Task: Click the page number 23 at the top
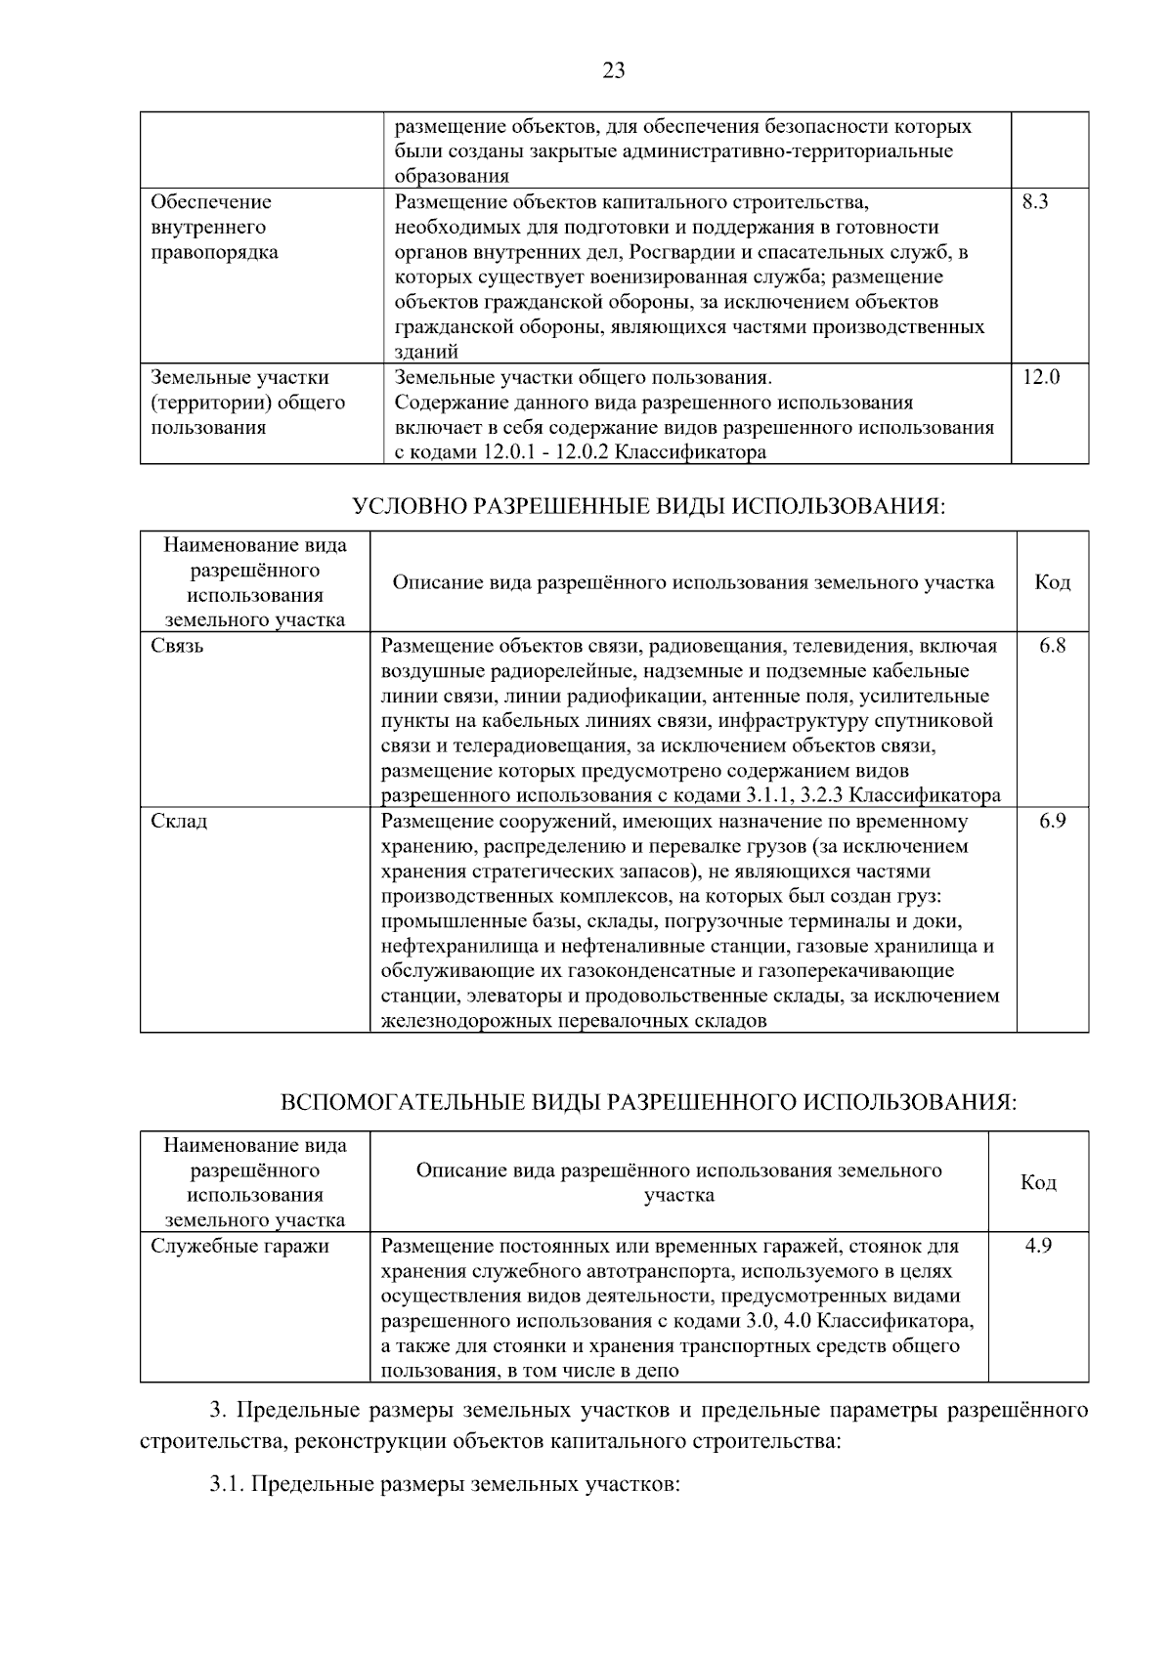pyautogui.click(x=614, y=70)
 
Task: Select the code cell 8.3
pyautogui.click(x=1034, y=202)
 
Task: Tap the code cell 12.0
pyautogui.click(x=1041, y=377)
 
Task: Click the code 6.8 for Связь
pyautogui.click(x=1052, y=646)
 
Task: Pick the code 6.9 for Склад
pyautogui.click(x=1052, y=821)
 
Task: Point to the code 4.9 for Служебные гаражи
pyautogui.click(x=1038, y=1246)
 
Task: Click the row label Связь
pyautogui.click(x=177, y=646)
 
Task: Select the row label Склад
pyautogui.click(x=179, y=821)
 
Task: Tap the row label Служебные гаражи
pyautogui.click(x=239, y=1246)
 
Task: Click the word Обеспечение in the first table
pyautogui.click(x=211, y=202)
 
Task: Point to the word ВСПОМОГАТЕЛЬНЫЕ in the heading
pyautogui.click(x=402, y=1103)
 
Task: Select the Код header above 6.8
pyautogui.click(x=1052, y=583)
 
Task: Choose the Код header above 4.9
pyautogui.click(x=1038, y=1183)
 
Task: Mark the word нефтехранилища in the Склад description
pyautogui.click(x=451, y=946)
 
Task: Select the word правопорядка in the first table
pyautogui.click(x=214, y=252)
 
